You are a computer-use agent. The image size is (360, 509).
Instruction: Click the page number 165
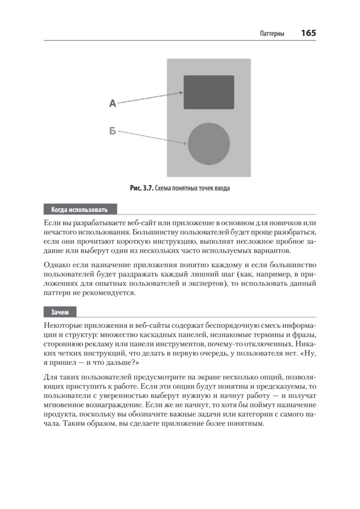308,33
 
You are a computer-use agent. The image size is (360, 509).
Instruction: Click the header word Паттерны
272,34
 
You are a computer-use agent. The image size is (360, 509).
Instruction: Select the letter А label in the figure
112,103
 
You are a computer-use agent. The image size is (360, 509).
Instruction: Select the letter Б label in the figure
112,131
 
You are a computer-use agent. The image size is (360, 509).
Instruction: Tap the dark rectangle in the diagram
209,92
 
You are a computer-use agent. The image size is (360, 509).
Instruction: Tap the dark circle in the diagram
209,143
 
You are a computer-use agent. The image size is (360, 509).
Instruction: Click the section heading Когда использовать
79,210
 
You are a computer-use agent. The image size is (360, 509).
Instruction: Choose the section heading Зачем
60,312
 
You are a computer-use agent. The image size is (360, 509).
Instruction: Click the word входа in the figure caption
221,188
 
